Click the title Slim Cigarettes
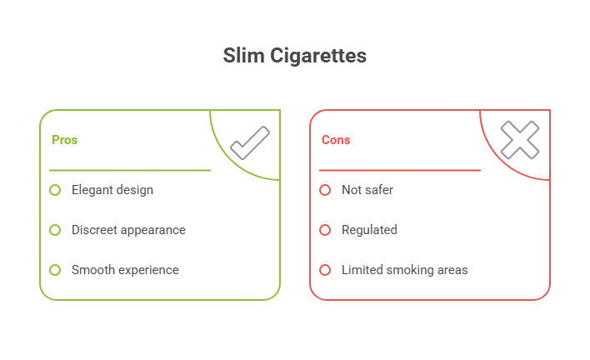click(x=294, y=57)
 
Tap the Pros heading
click(x=64, y=140)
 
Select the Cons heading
click(x=336, y=140)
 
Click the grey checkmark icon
click(x=249, y=142)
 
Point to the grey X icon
click(x=519, y=140)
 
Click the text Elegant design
click(x=112, y=190)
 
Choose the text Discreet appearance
click(x=128, y=230)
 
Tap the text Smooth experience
click(x=125, y=270)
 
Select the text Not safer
click(x=367, y=190)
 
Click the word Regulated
click(x=369, y=230)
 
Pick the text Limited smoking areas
click(x=404, y=270)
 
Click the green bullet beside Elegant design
click(x=55, y=190)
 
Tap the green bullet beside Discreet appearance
click(x=55, y=230)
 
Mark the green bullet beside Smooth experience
click(x=55, y=270)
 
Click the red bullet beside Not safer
click(x=325, y=190)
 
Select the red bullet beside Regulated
click(x=325, y=230)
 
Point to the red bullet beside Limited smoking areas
click(x=325, y=270)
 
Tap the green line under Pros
click(x=129, y=170)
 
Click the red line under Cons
click(x=399, y=170)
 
